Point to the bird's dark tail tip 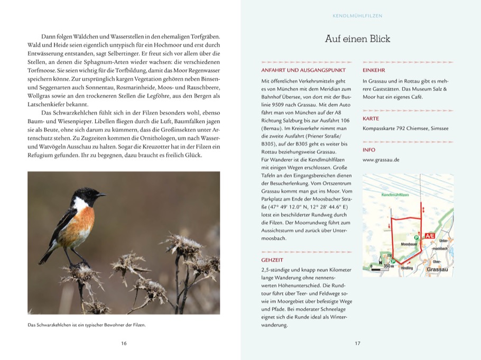click(42, 261)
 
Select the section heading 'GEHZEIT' click(273, 260)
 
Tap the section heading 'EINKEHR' click(374, 70)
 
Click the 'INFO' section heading click(369, 150)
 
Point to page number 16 click(124, 344)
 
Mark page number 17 click(357, 344)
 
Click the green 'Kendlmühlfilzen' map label click(395, 195)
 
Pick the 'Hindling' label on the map click(408, 269)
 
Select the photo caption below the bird click(86, 325)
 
